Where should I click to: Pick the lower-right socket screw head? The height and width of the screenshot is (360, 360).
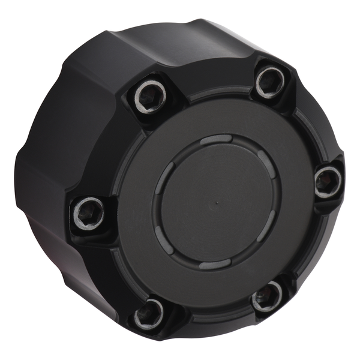click(266, 295)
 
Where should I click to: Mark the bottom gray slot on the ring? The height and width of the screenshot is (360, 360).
click(215, 265)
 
